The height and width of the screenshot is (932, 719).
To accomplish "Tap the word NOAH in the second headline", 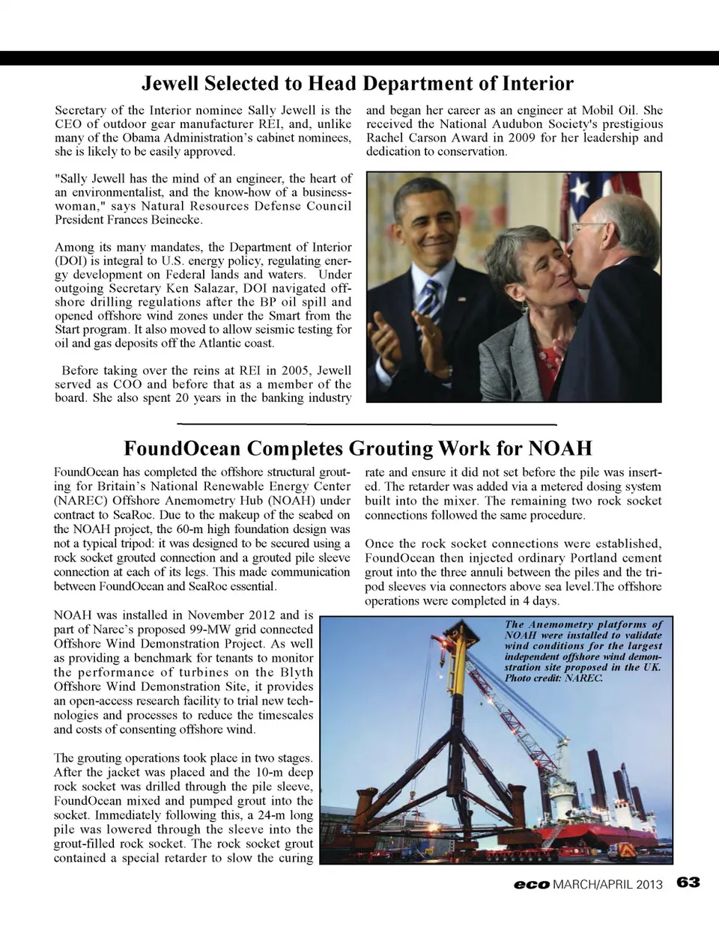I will pyautogui.click(x=560, y=448).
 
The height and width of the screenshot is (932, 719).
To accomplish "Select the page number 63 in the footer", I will pyautogui.click(x=688, y=883).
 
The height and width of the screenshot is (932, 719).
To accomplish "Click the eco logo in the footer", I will pyautogui.click(x=532, y=884).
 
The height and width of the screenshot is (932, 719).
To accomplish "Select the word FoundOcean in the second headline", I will pyautogui.click(x=182, y=448).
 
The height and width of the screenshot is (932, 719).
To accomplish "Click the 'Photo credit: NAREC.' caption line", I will pyautogui.click(x=553, y=678).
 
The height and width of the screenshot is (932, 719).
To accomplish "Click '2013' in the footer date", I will pyautogui.click(x=649, y=884).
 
